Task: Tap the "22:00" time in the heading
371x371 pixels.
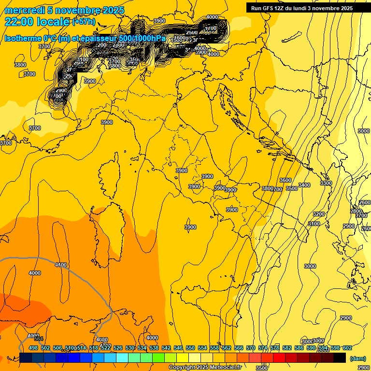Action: click(19, 22)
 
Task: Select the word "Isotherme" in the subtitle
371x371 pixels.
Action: click(22, 38)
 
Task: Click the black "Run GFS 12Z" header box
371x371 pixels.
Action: click(301, 8)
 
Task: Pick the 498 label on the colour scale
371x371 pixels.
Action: click(33, 348)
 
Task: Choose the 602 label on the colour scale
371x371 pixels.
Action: click(347, 348)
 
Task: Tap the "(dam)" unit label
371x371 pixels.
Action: click(358, 358)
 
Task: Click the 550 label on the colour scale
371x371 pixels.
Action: click(190, 348)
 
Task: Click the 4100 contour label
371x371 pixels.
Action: click(61, 265)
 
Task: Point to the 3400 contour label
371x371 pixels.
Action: click(304, 185)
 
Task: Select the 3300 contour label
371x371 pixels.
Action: click(326, 183)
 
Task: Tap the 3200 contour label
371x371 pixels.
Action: click(318, 214)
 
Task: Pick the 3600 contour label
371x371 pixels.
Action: click(285, 180)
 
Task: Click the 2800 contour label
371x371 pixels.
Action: click(356, 211)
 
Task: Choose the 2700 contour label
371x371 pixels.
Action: click(361, 215)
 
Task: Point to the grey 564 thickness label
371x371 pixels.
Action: click(39, 339)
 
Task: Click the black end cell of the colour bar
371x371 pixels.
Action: click(340, 357)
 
